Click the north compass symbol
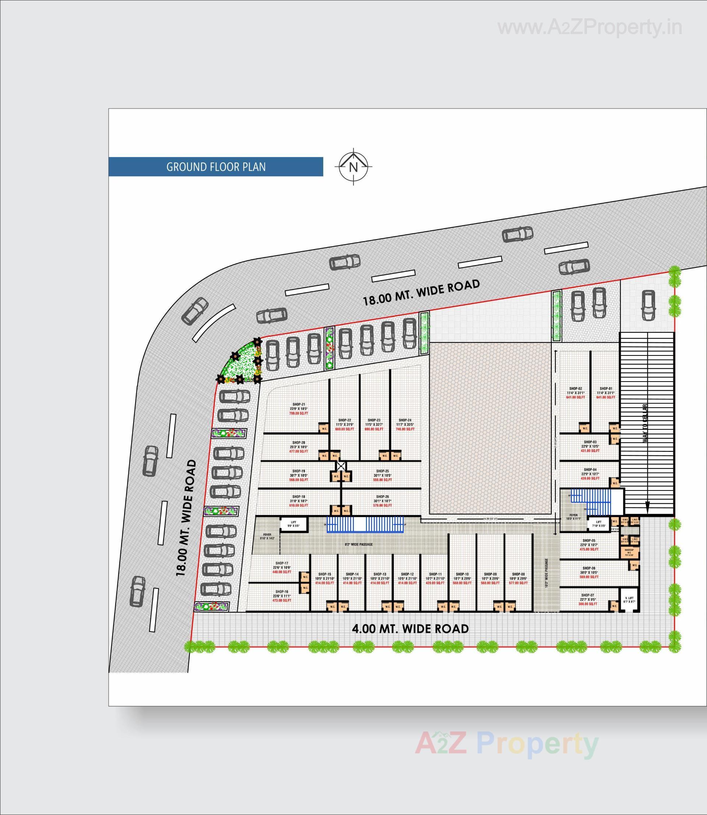(353, 167)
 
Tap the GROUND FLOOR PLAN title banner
(216, 167)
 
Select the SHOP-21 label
(299, 404)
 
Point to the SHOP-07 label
(587, 595)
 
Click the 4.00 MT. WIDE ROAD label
(410, 628)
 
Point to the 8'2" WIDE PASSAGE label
(359, 545)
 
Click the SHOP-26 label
(382, 496)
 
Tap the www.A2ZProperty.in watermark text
(590, 28)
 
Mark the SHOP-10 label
(462, 574)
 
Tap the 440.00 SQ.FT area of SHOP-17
(282, 571)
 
